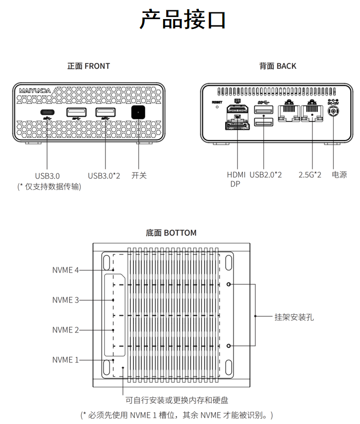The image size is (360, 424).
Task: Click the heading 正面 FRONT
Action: tap(88, 66)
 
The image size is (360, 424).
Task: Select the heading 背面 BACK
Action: tap(277, 66)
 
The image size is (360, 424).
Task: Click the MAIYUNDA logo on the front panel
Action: tap(35, 90)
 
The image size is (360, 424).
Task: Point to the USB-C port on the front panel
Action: tap(48, 113)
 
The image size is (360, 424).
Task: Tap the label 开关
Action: tap(139, 175)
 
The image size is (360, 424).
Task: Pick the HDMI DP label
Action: tap(236, 179)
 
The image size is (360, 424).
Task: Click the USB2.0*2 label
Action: tap(266, 175)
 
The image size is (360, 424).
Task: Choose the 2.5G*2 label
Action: tap(310, 175)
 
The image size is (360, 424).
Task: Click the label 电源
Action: tap(339, 175)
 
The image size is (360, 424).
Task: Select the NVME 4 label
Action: tap(66, 270)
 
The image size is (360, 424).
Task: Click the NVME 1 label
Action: tap(66, 360)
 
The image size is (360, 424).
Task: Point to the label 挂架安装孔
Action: tap(294, 316)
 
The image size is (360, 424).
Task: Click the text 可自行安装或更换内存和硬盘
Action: tap(177, 400)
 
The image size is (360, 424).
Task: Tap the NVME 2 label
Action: tap(66, 330)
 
